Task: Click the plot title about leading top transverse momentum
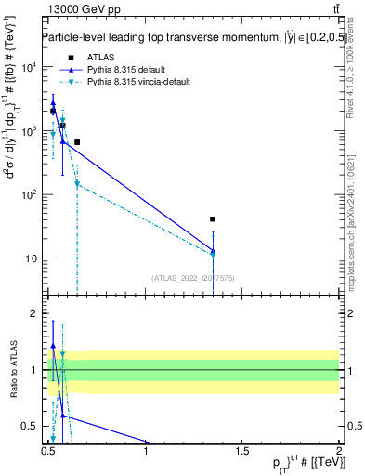click(x=181, y=38)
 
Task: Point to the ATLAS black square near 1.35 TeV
click(x=214, y=219)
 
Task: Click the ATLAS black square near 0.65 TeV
click(x=77, y=142)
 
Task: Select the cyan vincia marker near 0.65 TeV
click(x=77, y=184)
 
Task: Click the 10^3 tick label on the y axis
click(x=30, y=131)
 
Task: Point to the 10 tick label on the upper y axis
click(x=33, y=258)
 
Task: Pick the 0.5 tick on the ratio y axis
click(x=33, y=426)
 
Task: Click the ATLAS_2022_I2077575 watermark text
click(x=192, y=277)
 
